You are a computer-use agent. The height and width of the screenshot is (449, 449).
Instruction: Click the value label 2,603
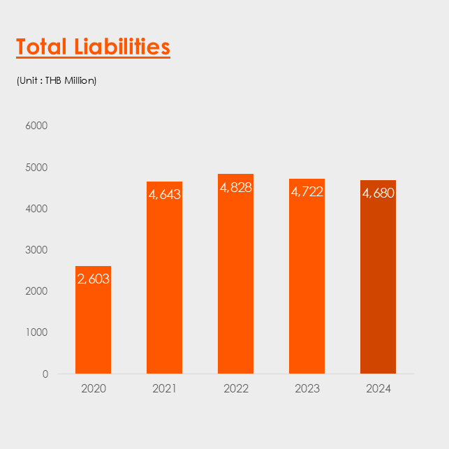pos(94,279)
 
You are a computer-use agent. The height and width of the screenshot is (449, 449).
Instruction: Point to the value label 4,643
pos(164,194)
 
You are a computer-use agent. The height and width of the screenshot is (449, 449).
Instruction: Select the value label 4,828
pos(235,187)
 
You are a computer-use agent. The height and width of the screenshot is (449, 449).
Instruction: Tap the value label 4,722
pos(307,191)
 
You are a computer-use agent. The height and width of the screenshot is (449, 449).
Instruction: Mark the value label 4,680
pos(378,193)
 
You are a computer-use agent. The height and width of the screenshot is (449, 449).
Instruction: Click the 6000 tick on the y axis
pos(36,126)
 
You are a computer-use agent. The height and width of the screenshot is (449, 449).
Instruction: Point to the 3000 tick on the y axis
pos(36,250)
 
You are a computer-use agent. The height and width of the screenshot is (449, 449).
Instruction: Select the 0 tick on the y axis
pos(45,374)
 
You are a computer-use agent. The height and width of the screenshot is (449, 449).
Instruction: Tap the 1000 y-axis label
pos(36,332)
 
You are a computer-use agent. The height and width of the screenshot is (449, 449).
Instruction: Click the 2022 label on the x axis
pos(236,389)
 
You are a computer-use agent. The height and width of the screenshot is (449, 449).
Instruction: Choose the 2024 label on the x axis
pos(378,389)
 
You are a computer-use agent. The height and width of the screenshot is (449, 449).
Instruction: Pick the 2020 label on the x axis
pos(94,389)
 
